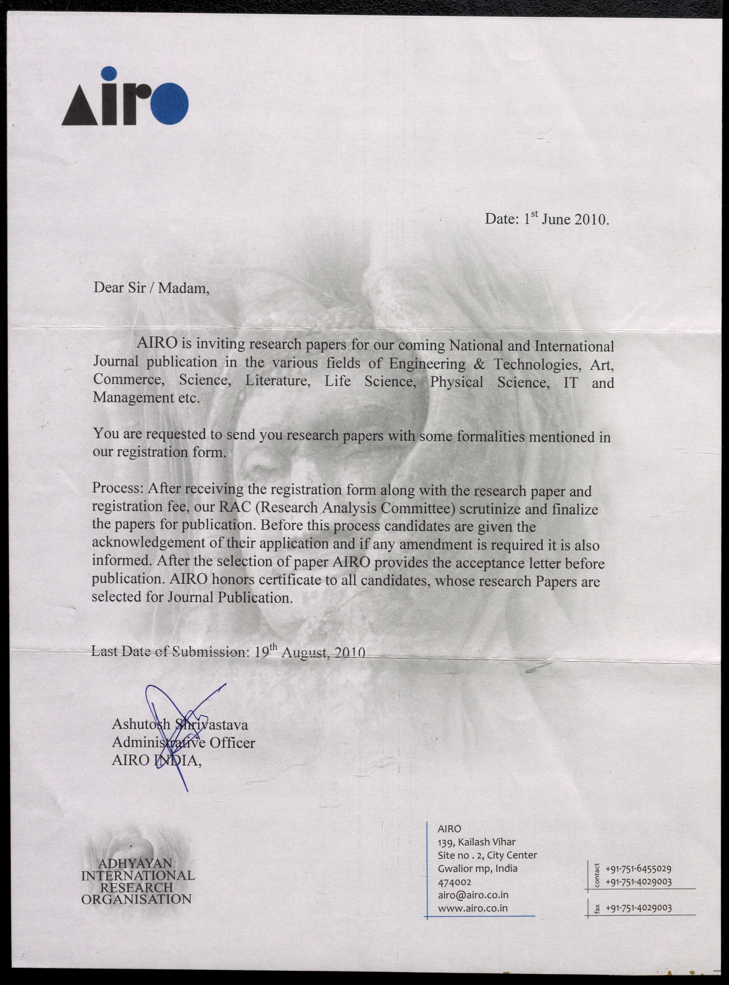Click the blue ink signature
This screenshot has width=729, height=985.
pyautogui.click(x=176, y=724)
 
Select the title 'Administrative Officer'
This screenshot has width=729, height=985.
pyautogui.click(x=183, y=743)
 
